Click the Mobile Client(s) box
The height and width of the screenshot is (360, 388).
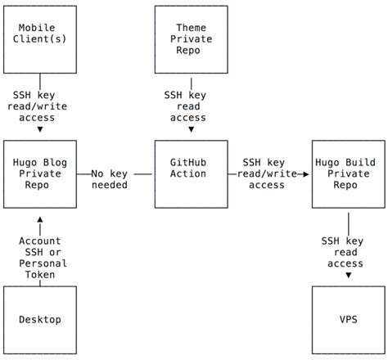pyautogui.click(x=40, y=40)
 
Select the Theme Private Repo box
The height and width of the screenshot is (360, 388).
pyautogui.click(x=192, y=40)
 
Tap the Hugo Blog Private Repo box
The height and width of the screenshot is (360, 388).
pyautogui.click(x=40, y=173)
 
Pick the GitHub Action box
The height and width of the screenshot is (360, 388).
pyautogui.click(x=192, y=173)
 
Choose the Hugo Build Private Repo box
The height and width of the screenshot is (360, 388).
pyautogui.click(x=349, y=173)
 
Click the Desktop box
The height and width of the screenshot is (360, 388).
pyautogui.click(x=40, y=319)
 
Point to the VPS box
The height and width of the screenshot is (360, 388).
pyautogui.click(x=349, y=319)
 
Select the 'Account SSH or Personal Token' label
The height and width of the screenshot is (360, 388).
pyautogui.click(x=40, y=257)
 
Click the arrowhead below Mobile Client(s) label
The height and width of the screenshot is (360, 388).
pyautogui.click(x=40, y=129)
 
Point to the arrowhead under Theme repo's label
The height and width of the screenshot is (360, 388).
pyautogui.click(x=192, y=129)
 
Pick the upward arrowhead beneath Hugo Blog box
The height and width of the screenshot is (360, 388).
pyautogui.click(x=40, y=218)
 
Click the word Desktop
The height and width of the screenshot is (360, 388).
pyautogui.click(x=40, y=319)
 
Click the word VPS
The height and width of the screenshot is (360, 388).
pyautogui.click(x=349, y=319)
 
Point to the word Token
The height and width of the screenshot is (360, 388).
pyautogui.click(x=40, y=275)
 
